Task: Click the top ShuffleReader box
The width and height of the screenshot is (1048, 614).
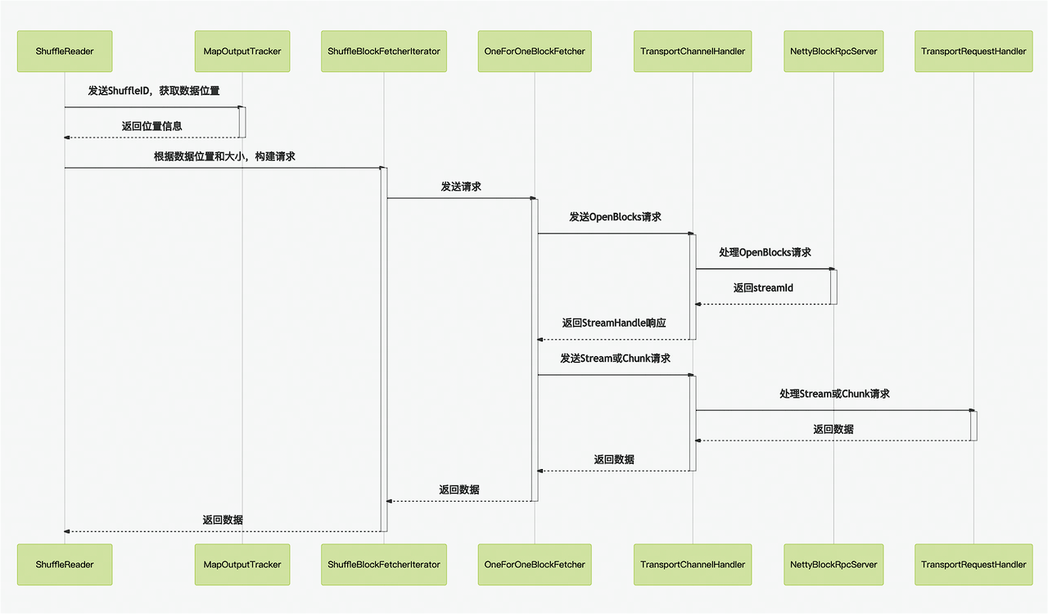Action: pos(65,51)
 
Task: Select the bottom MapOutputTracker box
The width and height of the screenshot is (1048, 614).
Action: pos(242,564)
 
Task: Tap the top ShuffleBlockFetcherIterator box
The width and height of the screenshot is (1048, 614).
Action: pos(384,51)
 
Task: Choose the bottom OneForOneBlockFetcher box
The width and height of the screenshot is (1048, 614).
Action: pos(535,564)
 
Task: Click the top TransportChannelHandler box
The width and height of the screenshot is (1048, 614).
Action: pos(693,51)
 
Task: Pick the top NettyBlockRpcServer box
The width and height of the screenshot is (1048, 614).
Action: pos(833,51)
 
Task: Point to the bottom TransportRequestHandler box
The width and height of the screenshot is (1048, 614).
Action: pos(973,564)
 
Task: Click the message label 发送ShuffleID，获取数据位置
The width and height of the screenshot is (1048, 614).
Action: pos(154,91)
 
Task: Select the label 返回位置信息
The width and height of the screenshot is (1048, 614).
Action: pos(151,126)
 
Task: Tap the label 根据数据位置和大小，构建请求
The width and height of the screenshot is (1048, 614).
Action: pos(224,156)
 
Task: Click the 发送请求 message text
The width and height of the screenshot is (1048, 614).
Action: pos(461,187)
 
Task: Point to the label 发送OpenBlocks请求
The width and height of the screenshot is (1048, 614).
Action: pos(615,217)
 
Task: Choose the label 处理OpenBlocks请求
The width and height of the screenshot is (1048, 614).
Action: pos(765,252)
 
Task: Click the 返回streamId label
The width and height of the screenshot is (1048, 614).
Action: pos(763,287)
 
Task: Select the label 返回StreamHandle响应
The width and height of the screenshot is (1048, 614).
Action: pos(614,323)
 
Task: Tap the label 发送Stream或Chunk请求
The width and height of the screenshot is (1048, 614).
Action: pos(615,359)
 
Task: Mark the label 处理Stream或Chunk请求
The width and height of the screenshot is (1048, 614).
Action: pos(834,394)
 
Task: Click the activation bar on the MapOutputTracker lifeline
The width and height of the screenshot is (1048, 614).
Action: pos(242,122)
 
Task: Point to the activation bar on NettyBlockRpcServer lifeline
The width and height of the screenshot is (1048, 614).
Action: pos(833,287)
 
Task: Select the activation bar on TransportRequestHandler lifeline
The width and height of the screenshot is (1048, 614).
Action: pos(973,426)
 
